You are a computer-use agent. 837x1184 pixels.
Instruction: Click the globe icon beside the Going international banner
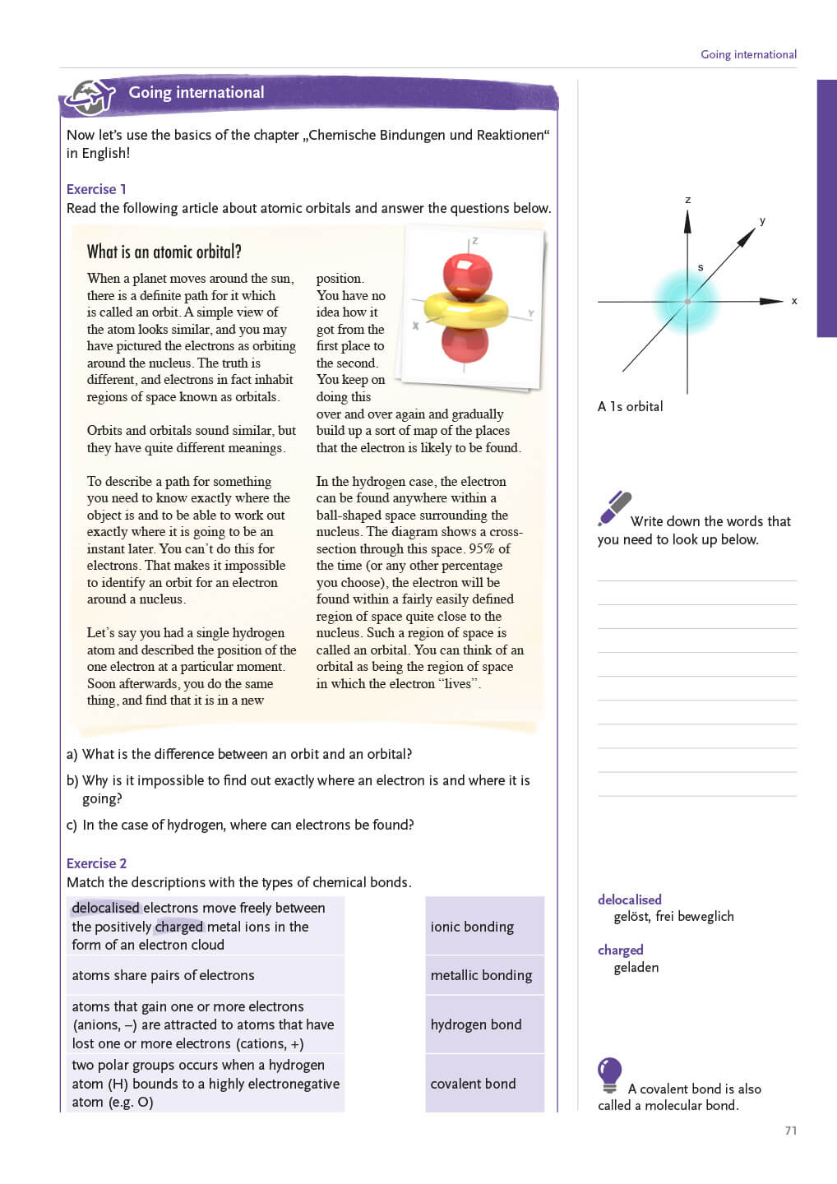click(x=90, y=97)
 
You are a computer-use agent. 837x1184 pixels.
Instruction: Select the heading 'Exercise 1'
click(x=96, y=189)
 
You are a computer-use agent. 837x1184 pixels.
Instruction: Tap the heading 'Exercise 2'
click(x=96, y=863)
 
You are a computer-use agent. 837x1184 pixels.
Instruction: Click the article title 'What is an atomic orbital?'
click(x=164, y=252)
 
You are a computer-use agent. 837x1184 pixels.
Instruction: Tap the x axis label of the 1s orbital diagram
click(x=794, y=301)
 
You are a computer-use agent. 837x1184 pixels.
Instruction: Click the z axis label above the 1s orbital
click(x=688, y=200)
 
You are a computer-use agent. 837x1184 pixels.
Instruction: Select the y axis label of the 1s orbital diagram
click(x=762, y=220)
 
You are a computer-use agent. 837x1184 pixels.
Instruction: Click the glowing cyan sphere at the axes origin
click(x=687, y=301)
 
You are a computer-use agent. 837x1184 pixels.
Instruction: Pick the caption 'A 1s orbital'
click(x=630, y=406)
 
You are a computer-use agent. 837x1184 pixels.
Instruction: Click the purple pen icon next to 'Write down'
click(x=614, y=507)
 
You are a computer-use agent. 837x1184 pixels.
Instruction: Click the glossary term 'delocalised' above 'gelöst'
click(x=630, y=900)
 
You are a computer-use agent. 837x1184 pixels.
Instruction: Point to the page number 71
click(x=791, y=1131)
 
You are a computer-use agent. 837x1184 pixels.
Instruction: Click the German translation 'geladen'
click(x=636, y=968)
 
